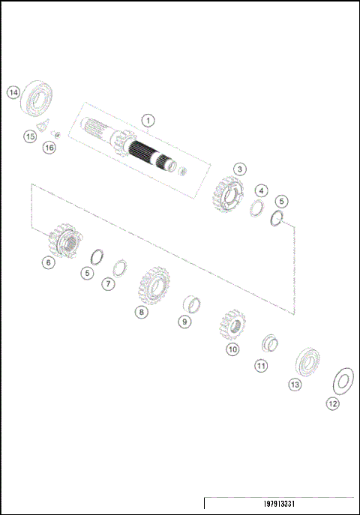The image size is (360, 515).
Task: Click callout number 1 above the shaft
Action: coord(148,120)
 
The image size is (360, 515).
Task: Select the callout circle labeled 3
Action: coord(238,169)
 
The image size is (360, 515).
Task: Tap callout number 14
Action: coord(13,92)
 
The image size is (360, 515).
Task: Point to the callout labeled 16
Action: coord(49,148)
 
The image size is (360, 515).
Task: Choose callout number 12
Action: coord(332,403)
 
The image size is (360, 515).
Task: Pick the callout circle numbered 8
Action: coord(141,312)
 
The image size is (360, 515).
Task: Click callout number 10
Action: coord(232,349)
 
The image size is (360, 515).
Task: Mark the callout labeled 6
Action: coord(48,262)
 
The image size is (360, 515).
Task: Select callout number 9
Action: coord(184,322)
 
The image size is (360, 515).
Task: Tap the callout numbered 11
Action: coord(261,366)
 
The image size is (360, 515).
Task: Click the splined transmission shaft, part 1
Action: coord(142,149)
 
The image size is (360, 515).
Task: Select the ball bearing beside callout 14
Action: coord(38,97)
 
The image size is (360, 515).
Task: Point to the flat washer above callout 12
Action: coord(342,379)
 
